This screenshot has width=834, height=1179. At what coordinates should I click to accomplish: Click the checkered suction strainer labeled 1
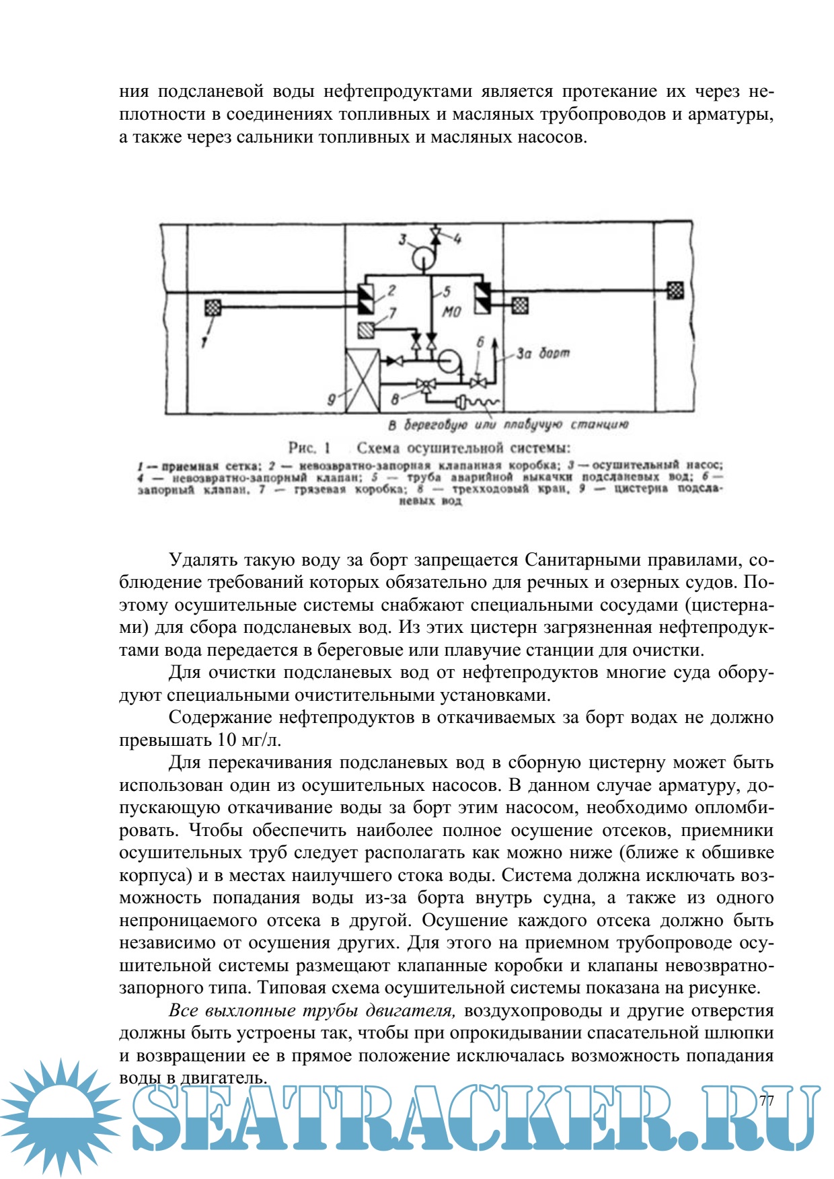213,307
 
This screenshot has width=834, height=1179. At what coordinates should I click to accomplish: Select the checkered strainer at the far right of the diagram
675,291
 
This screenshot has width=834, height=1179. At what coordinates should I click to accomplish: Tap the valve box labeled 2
366,299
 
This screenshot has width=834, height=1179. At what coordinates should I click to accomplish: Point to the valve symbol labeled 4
436,235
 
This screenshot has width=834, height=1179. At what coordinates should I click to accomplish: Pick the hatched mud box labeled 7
367,330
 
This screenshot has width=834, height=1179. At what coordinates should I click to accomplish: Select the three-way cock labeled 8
425,385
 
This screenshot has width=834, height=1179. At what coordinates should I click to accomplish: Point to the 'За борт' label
543,352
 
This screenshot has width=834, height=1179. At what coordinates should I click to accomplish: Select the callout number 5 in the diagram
446,292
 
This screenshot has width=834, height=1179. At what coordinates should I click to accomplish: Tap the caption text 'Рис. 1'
310,448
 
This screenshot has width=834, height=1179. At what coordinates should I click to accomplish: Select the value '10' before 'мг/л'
227,740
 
